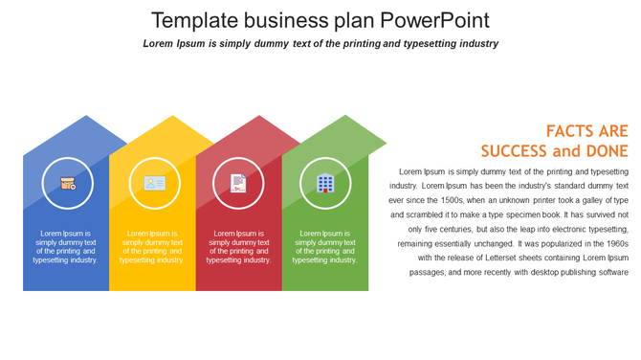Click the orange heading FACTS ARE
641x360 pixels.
tap(586, 131)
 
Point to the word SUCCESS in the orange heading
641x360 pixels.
tap(515, 151)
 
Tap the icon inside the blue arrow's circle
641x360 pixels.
tap(68, 183)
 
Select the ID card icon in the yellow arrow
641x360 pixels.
tap(154, 183)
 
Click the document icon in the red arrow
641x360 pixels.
tap(238, 183)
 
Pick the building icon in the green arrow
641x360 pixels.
tap(325, 183)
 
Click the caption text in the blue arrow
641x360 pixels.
tap(66, 246)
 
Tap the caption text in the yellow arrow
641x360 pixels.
tap(152, 246)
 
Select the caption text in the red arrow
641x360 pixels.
tap(238, 246)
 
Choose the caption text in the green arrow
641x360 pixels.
tap(324, 246)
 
